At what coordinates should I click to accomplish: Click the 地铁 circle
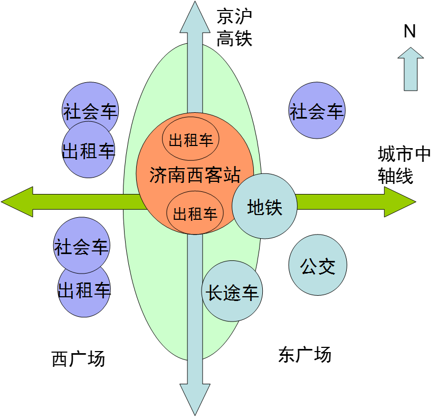click(x=264, y=207)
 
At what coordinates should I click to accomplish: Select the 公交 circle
click(x=318, y=265)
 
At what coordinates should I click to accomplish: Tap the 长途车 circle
click(x=233, y=291)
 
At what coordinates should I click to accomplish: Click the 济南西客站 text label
click(x=195, y=174)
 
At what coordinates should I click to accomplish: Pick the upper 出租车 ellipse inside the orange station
click(x=191, y=140)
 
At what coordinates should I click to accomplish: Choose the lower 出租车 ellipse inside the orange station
click(x=195, y=213)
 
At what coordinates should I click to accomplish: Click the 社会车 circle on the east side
click(x=317, y=111)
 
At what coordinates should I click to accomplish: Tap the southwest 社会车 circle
click(x=81, y=246)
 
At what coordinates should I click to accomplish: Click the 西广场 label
click(x=79, y=359)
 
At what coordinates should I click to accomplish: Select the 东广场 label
click(x=305, y=355)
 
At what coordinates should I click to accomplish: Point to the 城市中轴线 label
click(x=404, y=165)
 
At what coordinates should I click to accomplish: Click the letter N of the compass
click(x=410, y=32)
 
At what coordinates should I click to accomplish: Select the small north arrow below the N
click(x=410, y=69)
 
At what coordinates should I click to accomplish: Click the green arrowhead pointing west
click(x=18, y=201)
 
